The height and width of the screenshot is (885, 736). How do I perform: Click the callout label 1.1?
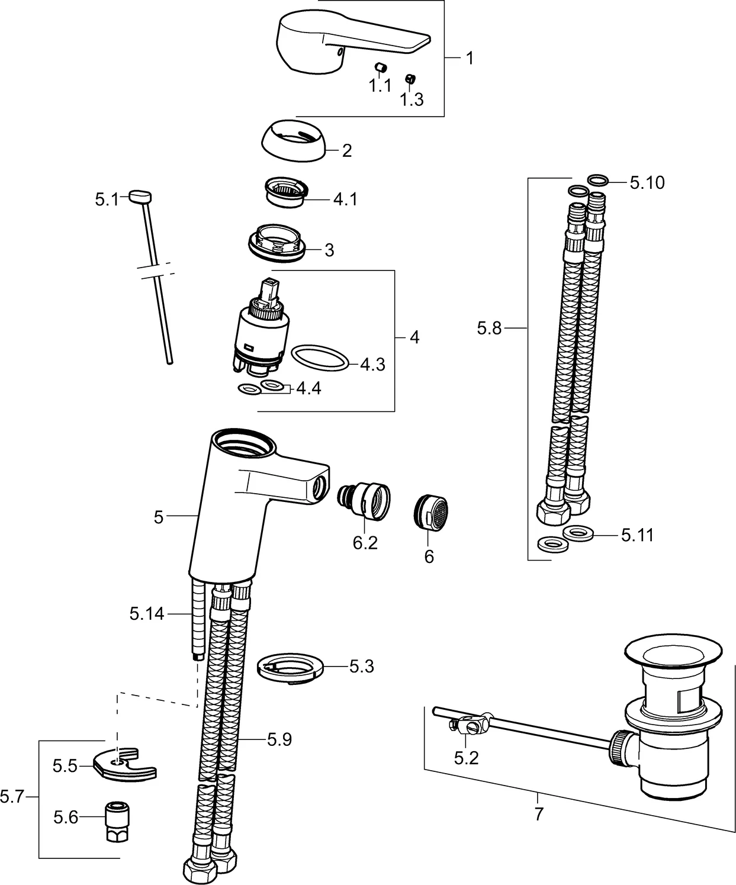pos(380,86)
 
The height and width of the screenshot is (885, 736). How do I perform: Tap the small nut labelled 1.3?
pos(409,79)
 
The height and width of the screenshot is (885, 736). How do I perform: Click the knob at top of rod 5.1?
pos(140,196)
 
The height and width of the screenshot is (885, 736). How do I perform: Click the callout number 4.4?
pos(308,389)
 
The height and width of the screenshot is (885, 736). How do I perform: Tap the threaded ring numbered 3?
pos(277,242)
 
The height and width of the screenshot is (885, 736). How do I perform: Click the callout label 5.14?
pos(147,614)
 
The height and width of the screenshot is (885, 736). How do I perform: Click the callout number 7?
pos(538,815)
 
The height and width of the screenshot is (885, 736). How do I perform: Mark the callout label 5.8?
pos(489,328)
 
